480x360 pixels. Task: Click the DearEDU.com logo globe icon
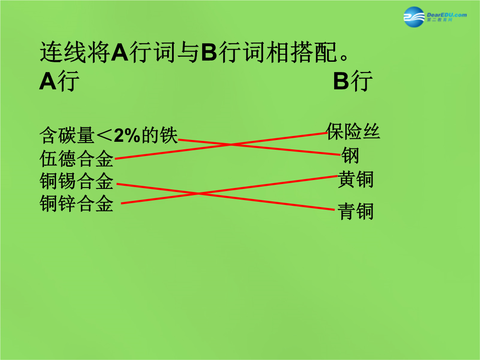(414, 17)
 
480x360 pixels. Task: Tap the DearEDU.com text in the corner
(447, 15)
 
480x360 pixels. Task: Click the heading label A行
(60, 81)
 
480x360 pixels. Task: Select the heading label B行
(352, 81)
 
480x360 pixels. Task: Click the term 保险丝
(353, 132)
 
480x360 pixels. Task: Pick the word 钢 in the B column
(350, 155)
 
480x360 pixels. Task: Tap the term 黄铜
(356, 179)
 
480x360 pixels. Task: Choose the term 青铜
(356, 211)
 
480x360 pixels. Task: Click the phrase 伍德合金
(76, 159)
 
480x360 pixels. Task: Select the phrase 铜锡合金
(76, 181)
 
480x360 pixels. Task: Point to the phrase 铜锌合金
(76, 204)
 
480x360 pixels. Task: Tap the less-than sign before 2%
(104, 136)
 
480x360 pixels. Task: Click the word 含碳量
(67, 135)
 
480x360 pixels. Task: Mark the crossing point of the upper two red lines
(232, 144)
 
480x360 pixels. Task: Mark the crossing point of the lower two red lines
(198, 193)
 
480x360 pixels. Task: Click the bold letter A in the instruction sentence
(120, 52)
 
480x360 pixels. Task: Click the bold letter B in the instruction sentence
(209, 52)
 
